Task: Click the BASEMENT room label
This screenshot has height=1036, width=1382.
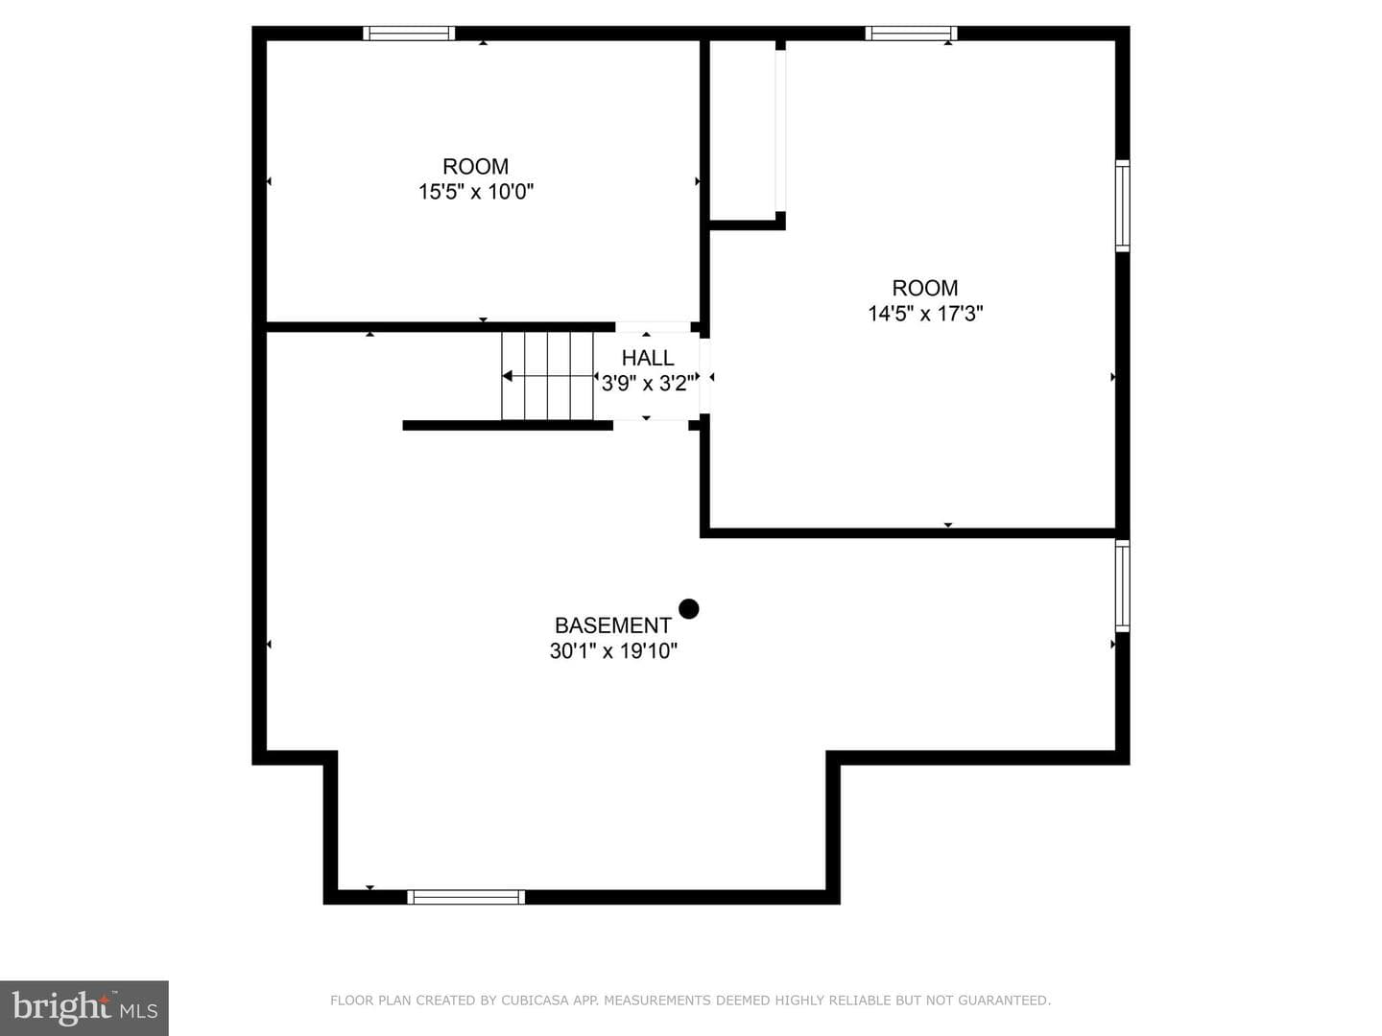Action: (x=612, y=625)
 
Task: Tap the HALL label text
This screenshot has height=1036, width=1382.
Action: (x=648, y=358)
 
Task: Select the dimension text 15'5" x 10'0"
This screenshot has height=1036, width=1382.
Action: (x=476, y=191)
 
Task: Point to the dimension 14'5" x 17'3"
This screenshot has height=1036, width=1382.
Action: (x=925, y=313)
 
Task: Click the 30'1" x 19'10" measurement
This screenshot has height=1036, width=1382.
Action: (x=613, y=650)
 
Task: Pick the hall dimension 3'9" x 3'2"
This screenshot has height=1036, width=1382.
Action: (x=648, y=383)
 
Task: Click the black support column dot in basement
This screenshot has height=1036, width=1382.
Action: (x=689, y=609)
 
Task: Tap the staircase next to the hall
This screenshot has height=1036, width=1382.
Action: (x=547, y=376)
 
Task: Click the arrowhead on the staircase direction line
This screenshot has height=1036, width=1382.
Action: (x=507, y=376)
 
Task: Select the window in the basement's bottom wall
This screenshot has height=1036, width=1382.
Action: (x=465, y=897)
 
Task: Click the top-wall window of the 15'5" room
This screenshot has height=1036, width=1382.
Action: (x=409, y=34)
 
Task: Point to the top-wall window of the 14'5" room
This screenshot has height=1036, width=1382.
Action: (x=911, y=34)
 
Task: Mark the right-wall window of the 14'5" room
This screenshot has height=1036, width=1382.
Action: (x=1123, y=205)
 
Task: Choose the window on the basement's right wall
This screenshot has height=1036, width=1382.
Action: (x=1123, y=585)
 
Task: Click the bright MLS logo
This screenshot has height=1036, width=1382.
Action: (x=84, y=1008)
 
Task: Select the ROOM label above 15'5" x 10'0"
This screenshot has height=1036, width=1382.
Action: (x=475, y=167)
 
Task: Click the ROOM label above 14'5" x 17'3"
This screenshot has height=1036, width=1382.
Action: (x=925, y=288)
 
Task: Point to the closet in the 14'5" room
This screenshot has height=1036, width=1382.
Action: (x=743, y=130)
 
